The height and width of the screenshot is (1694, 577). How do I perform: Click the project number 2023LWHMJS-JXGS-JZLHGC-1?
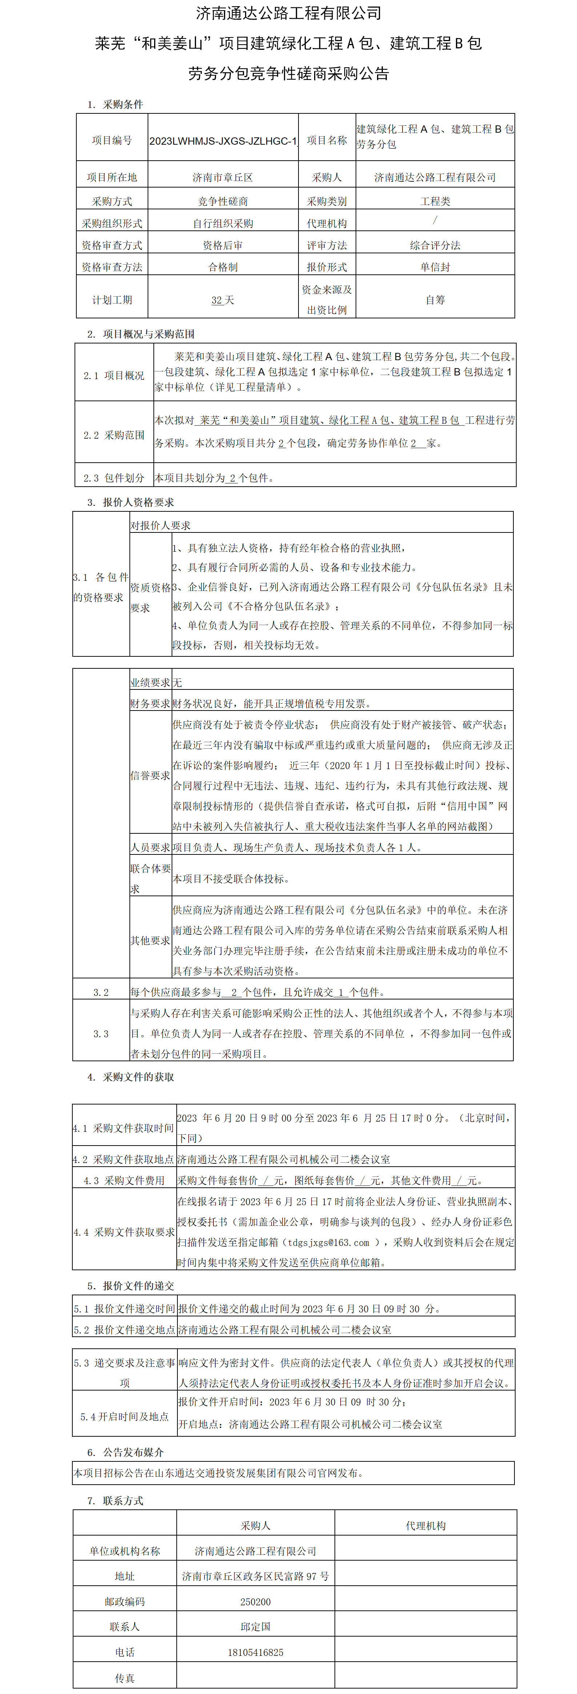[x=223, y=141]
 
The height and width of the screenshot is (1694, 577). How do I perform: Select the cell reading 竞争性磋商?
[x=223, y=201]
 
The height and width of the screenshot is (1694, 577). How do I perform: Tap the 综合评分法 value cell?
[x=435, y=245]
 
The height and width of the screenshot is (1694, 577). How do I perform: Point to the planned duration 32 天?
[x=223, y=300]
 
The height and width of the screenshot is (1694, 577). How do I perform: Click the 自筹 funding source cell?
[x=435, y=300]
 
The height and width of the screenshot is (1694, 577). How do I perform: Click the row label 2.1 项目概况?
[x=114, y=375]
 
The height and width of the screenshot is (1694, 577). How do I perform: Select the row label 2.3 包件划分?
[x=114, y=478]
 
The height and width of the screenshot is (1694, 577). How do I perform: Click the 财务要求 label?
[x=150, y=704]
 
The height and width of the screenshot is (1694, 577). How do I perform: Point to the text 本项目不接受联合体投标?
[x=231, y=878]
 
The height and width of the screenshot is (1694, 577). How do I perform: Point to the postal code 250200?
[x=255, y=1602]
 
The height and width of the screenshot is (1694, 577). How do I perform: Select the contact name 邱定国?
[x=255, y=1627]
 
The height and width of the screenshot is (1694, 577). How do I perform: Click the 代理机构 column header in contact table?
[x=426, y=1526]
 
